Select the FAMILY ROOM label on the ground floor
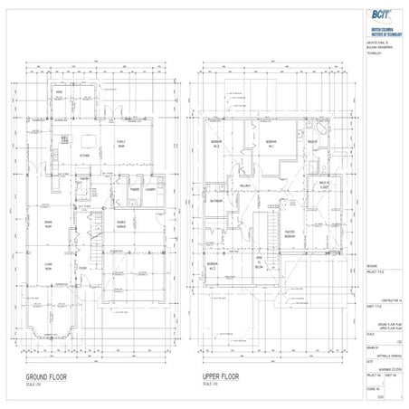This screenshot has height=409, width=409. [x=119, y=144]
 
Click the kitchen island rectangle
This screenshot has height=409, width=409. [x=89, y=139]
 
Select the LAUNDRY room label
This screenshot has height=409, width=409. [x=151, y=190]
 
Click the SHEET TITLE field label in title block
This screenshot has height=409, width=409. [x=349, y=307]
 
